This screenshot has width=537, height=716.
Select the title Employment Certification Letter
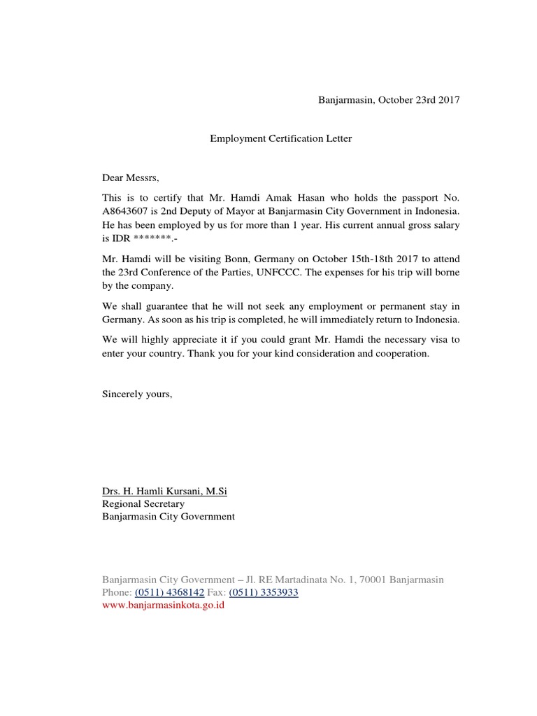coord(281,138)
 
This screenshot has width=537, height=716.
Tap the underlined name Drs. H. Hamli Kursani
coord(164,492)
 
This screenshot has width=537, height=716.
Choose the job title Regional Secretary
coord(143,504)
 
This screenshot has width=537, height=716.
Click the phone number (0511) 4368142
coord(169,592)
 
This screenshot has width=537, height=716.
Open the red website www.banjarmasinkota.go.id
coord(163,606)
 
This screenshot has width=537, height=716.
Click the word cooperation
coord(401,354)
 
